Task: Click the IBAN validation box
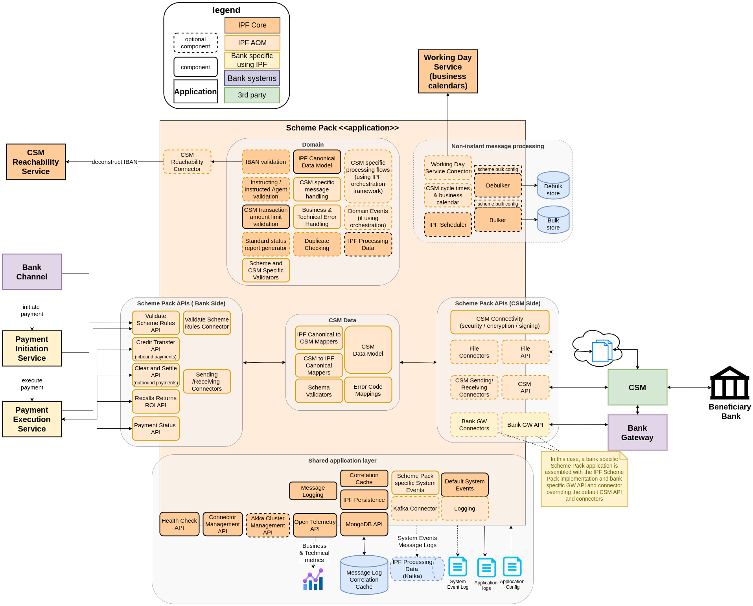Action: point(266,162)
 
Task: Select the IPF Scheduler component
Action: point(447,225)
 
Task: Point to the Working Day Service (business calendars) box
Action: point(447,72)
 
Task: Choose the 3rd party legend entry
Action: point(252,95)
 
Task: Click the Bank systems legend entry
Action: point(252,78)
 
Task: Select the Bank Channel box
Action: point(32,272)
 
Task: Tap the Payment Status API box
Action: point(156,429)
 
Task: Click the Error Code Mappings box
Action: point(368,390)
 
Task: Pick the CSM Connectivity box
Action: point(499,322)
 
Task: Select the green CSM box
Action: point(637,387)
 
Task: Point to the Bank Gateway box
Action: point(637,433)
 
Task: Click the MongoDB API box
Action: point(364,524)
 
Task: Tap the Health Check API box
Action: point(179,524)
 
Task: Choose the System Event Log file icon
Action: point(458,567)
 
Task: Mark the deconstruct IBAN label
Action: point(114,162)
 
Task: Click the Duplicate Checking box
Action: point(317,244)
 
